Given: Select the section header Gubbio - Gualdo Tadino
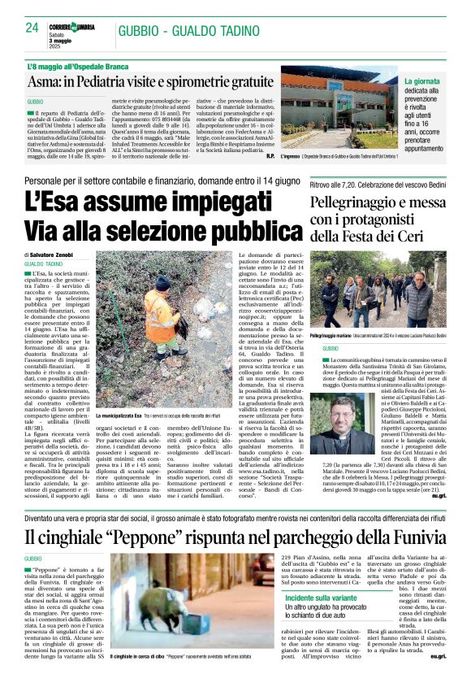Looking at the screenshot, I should [184, 31].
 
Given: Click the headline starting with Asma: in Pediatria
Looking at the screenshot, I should [150, 82].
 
